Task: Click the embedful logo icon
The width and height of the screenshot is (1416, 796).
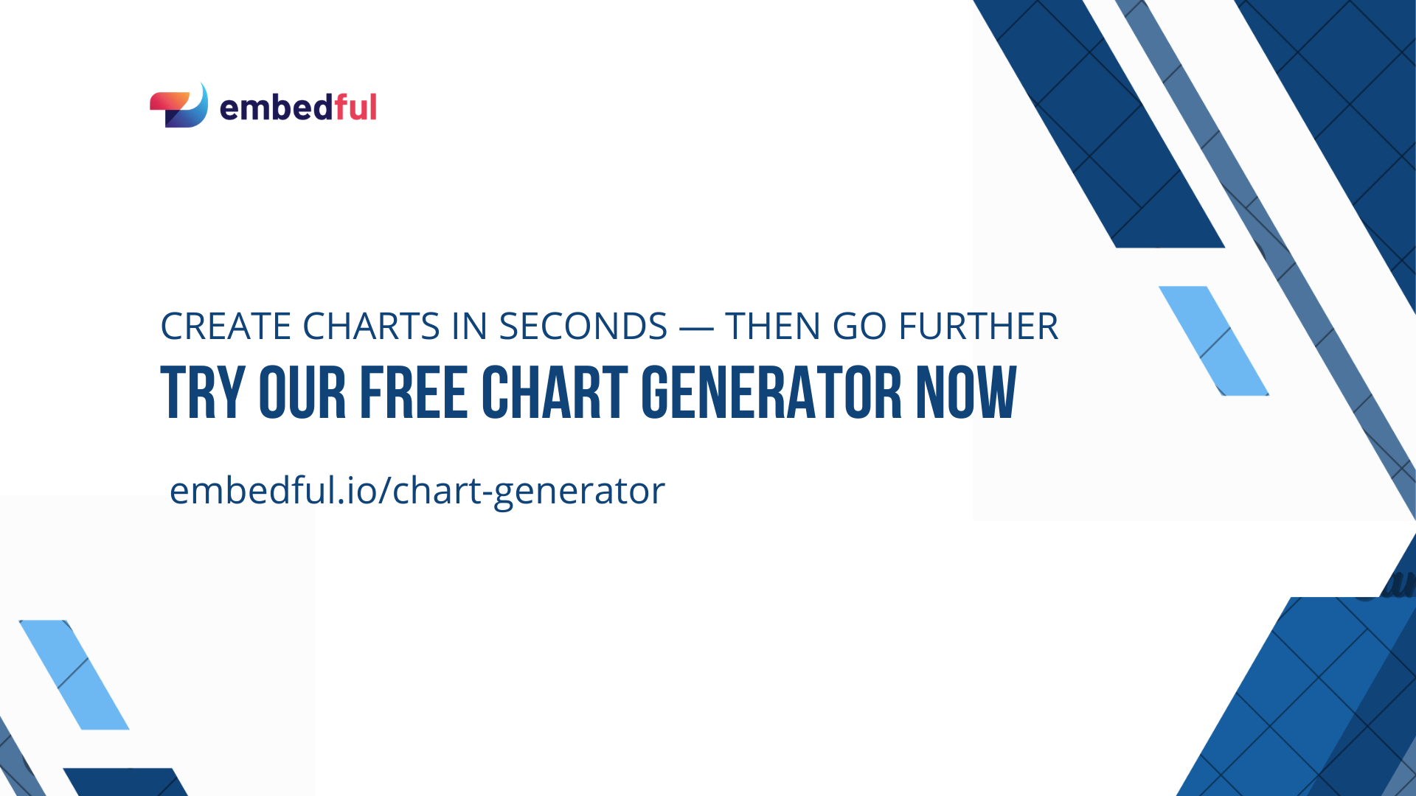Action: click(179, 106)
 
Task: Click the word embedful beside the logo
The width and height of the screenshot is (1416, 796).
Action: click(298, 108)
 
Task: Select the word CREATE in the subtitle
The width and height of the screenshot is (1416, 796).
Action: click(226, 327)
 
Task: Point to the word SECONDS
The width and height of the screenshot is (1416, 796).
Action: click(583, 327)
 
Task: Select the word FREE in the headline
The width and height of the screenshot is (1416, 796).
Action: click(414, 393)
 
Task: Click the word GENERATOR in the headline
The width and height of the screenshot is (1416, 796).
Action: click(771, 393)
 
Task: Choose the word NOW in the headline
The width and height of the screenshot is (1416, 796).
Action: click(966, 393)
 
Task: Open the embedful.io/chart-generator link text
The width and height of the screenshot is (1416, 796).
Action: click(417, 490)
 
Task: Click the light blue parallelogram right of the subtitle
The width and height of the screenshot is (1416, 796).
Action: click(1214, 341)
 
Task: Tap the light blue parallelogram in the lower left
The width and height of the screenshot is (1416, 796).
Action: click(74, 674)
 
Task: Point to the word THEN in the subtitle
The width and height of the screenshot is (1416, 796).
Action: click(772, 327)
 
